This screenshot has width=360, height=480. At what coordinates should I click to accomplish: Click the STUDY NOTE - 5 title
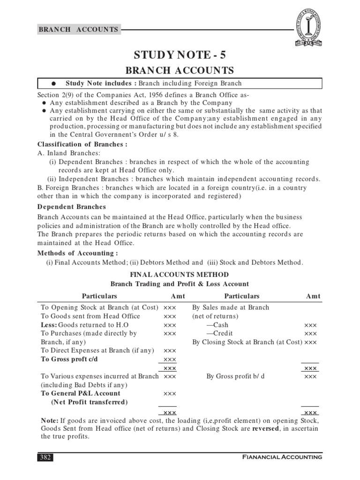pyautogui.click(x=180, y=54)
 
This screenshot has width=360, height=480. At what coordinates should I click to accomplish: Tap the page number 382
pyautogui.click(x=46, y=457)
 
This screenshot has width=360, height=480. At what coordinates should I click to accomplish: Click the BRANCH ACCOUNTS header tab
pyautogui.click(x=78, y=29)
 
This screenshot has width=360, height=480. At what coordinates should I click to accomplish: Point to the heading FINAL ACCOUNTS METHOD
pyautogui.click(x=180, y=275)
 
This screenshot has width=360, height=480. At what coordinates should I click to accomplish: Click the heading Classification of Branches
pyautogui.click(x=82, y=144)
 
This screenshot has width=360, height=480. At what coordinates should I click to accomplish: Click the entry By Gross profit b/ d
pyautogui.click(x=236, y=376)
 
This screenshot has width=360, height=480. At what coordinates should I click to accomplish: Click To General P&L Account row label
pyautogui.click(x=81, y=393)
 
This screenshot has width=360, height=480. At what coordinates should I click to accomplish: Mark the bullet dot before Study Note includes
pyautogui.click(x=54, y=84)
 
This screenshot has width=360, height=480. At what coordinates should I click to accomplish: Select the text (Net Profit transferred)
pyautogui.click(x=89, y=402)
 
